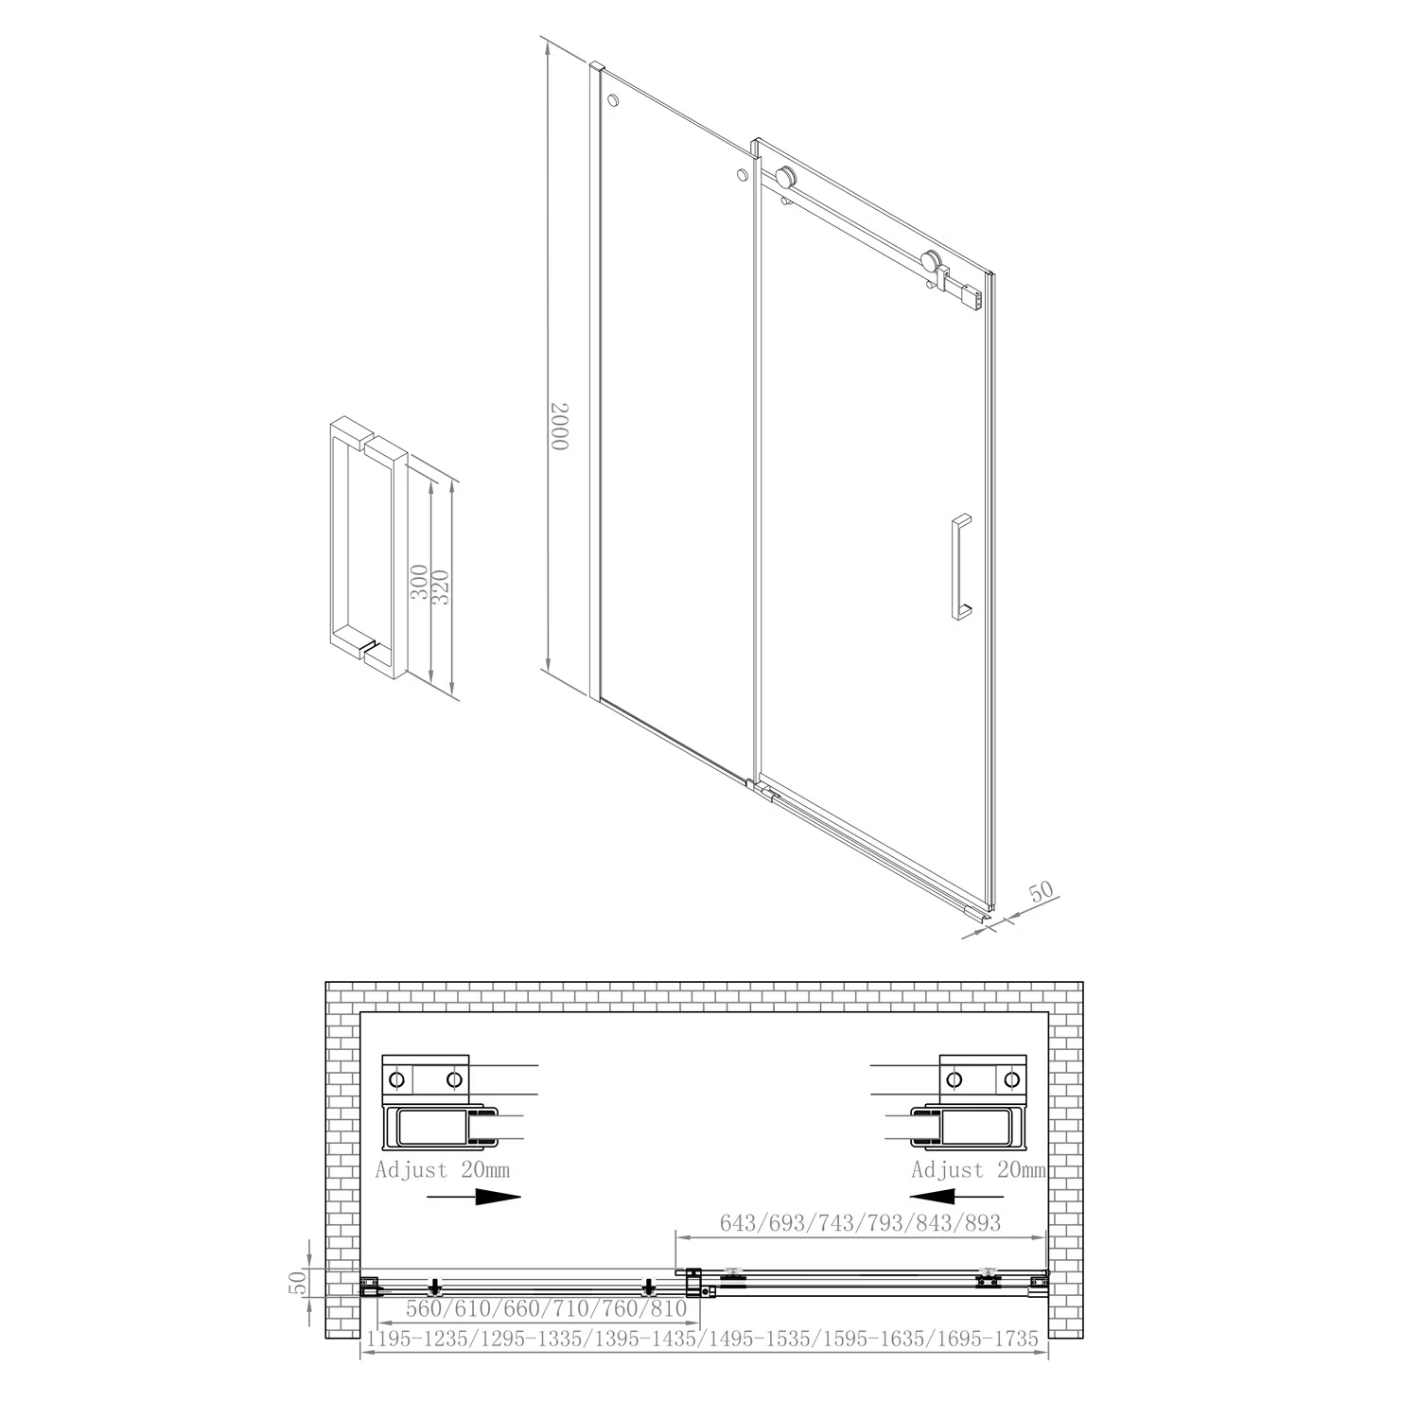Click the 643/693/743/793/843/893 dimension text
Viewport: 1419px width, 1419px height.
pyautogui.click(x=860, y=1222)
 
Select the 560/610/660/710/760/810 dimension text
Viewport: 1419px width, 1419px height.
pyautogui.click(x=546, y=1309)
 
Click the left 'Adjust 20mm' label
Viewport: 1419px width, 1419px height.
pyautogui.click(x=443, y=1170)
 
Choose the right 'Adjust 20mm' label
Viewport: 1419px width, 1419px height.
pyautogui.click(x=979, y=1170)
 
